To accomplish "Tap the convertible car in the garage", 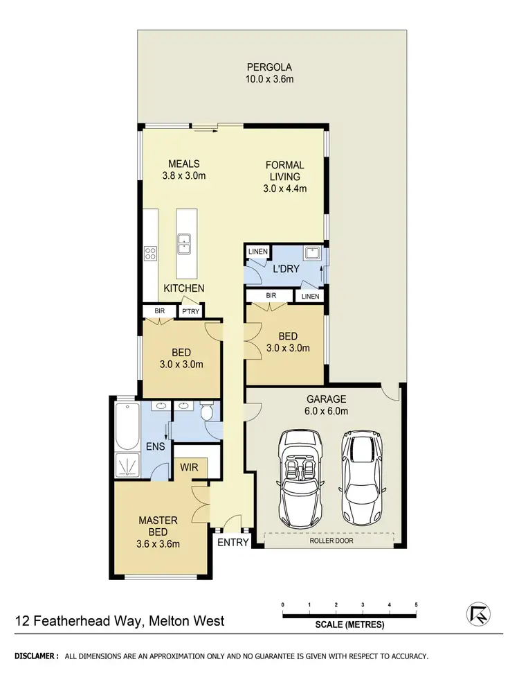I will [x=300, y=478].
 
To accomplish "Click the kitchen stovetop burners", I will [x=150, y=254].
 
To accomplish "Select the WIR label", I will [x=190, y=468].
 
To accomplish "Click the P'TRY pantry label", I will [x=190, y=312].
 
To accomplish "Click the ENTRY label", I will [x=233, y=542].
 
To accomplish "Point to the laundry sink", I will [x=313, y=253].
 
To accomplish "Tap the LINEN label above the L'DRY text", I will [x=257, y=251].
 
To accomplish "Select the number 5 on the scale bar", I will [x=416, y=604].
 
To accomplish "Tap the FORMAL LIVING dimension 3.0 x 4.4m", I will [x=285, y=188].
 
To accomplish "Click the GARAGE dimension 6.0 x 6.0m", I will [x=327, y=411].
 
